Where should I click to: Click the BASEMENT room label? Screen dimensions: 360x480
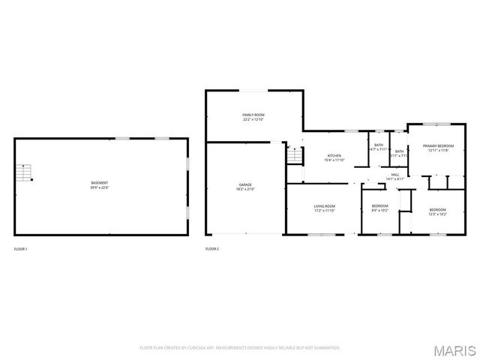point(99,183)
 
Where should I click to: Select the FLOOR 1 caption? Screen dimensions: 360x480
point(21,248)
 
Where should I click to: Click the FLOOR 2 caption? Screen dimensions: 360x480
point(212,248)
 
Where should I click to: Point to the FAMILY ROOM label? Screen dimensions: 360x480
point(253,115)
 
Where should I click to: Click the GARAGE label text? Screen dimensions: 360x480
point(245,184)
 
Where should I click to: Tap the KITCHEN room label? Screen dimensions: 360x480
point(334,156)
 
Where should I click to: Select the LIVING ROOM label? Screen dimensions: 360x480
point(324,205)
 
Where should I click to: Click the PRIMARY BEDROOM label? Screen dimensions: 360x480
point(438,146)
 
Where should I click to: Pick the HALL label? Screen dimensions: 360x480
point(394,174)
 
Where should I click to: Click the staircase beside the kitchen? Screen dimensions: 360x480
point(294,156)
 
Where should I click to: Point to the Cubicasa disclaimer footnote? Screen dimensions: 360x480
point(240,348)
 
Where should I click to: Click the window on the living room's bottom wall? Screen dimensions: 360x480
point(322,235)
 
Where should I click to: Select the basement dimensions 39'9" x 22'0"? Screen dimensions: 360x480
point(99,187)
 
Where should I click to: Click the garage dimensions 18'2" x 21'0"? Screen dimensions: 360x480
point(245,188)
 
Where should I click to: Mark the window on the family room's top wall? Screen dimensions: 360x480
point(253,91)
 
